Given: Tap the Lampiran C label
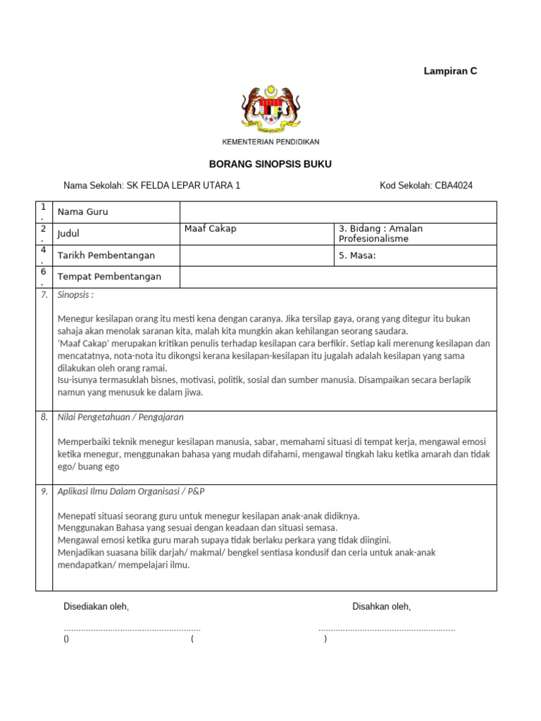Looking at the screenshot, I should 450,71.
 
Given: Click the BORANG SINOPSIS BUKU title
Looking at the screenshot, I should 270,164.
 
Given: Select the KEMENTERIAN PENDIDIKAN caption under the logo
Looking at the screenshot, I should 270,142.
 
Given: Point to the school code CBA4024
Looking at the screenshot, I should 454,186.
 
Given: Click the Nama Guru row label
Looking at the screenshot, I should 83,212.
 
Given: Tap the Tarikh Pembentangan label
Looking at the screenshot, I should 106,255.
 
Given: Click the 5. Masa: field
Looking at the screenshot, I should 357,256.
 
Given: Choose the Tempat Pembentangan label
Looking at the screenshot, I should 109,276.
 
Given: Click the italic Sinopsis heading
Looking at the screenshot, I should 75,295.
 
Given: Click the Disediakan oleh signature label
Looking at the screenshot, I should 97,606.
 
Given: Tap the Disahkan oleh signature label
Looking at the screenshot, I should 382,606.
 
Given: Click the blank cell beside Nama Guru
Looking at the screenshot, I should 338,212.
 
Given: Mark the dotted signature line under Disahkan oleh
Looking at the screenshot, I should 387,628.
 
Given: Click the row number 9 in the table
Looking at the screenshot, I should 44,491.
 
